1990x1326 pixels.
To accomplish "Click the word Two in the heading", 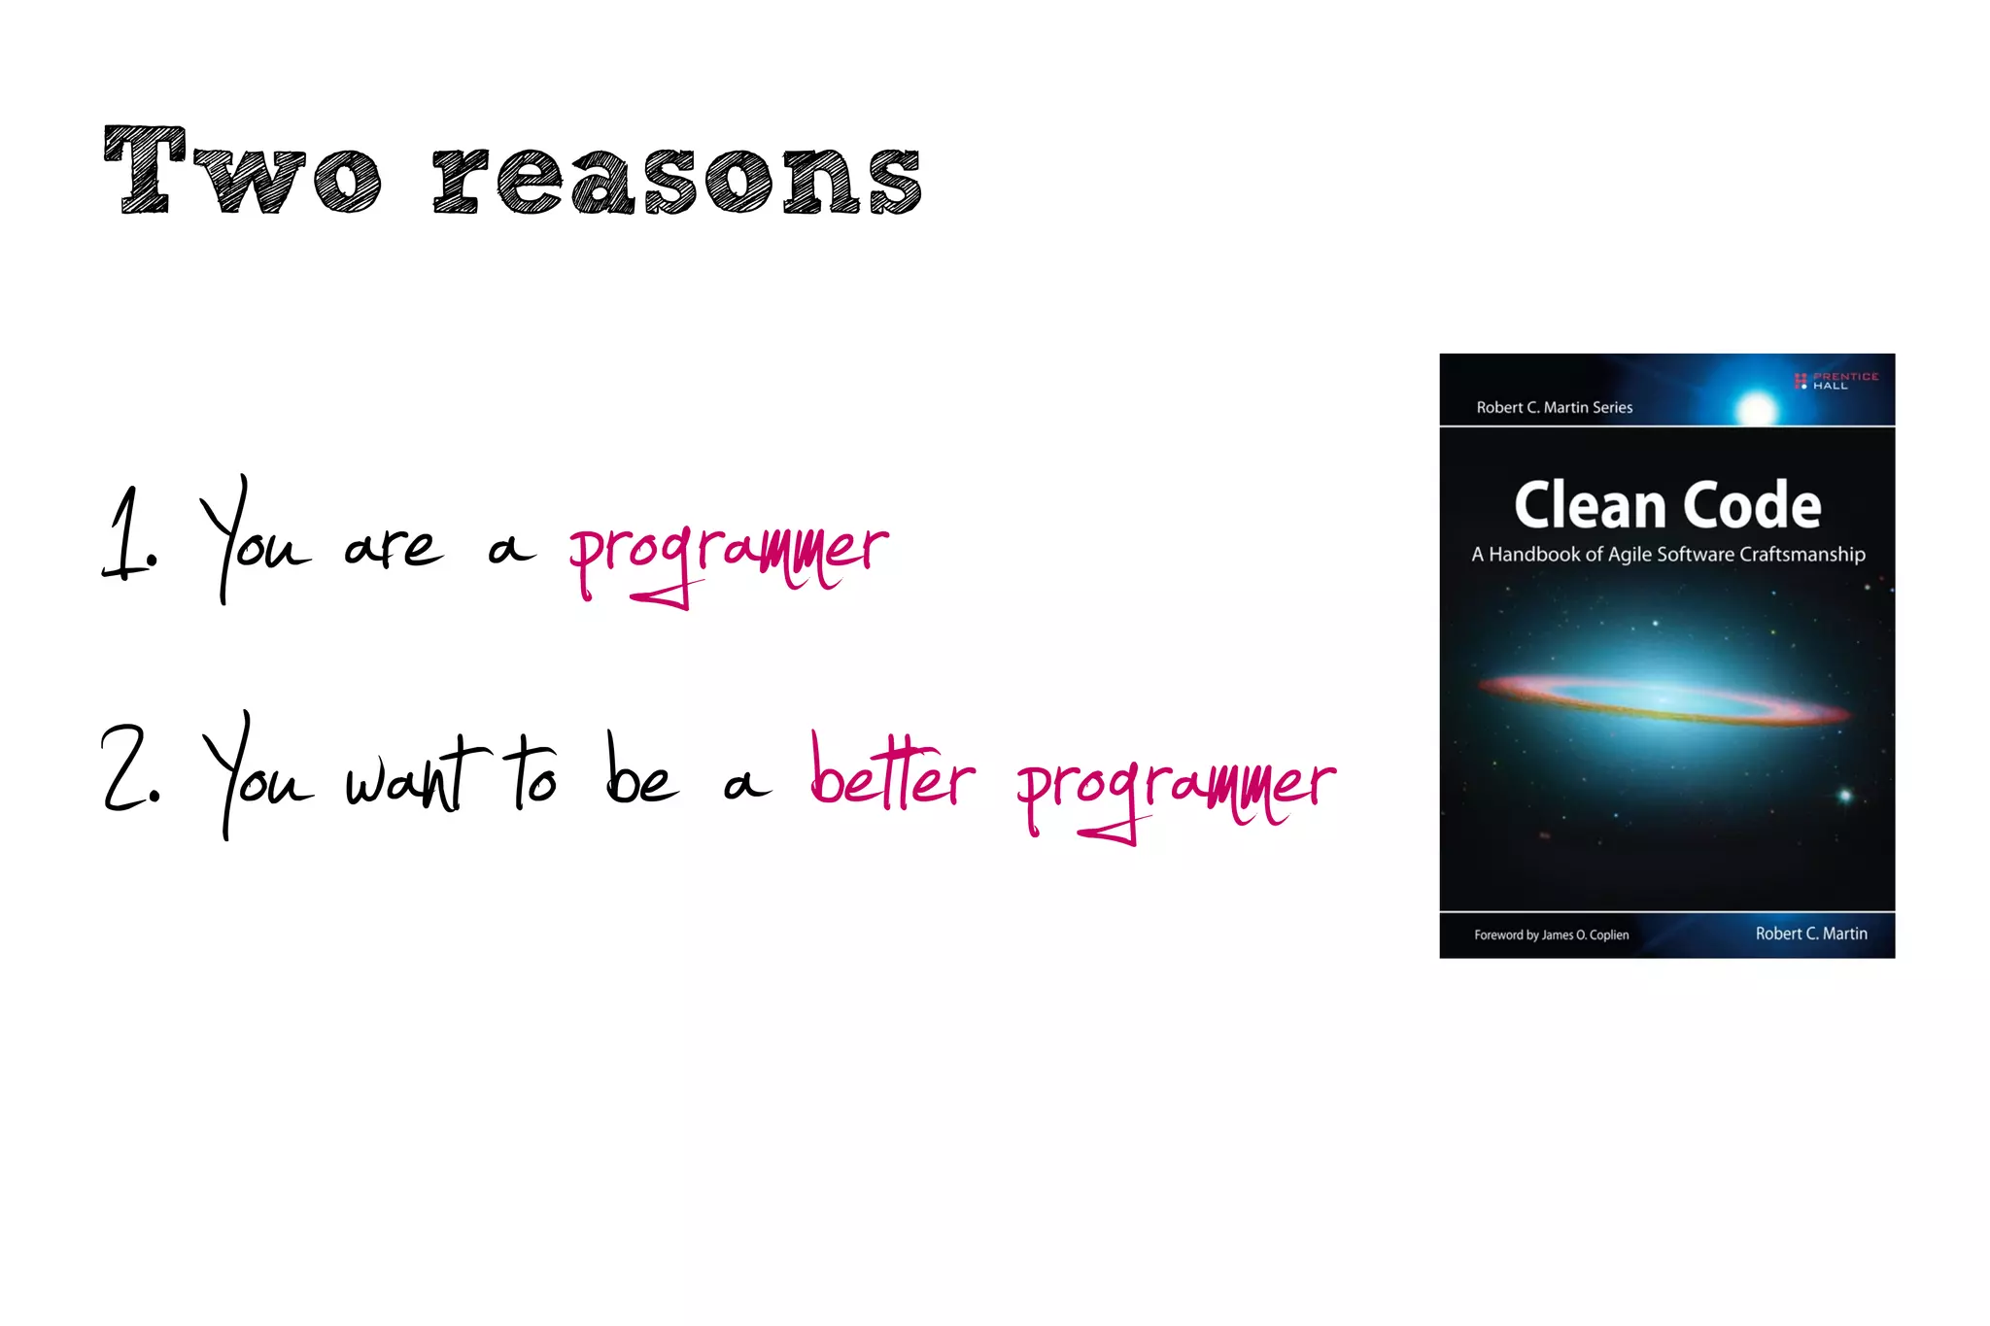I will pos(243,172).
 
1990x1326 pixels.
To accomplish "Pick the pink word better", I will pos(892,774).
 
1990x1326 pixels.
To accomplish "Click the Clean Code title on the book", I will pos(1667,505).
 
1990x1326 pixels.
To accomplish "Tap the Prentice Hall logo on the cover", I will pos(1836,381).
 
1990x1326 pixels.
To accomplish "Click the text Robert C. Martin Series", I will pos(1555,408).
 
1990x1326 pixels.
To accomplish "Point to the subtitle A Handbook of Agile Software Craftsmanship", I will pos(1667,555).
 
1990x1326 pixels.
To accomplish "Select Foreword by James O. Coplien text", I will pos(1551,935).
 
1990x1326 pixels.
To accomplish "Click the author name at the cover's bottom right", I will pos(1811,934).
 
